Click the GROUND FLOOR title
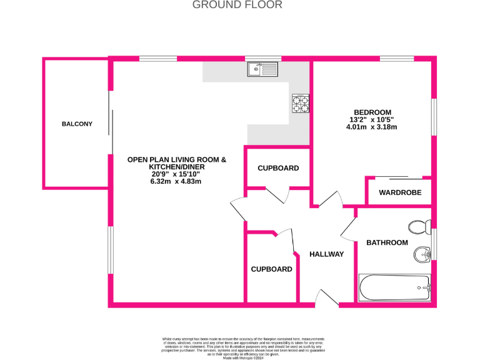237,5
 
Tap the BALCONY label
77,124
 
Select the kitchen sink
262,69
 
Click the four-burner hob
300,102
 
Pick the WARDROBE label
398,192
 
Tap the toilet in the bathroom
417,226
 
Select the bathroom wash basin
422,254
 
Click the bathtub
394,289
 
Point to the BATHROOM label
387,242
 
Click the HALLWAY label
326,254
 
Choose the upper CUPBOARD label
278,168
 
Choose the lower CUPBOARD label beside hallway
271,269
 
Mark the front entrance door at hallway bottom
327,299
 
